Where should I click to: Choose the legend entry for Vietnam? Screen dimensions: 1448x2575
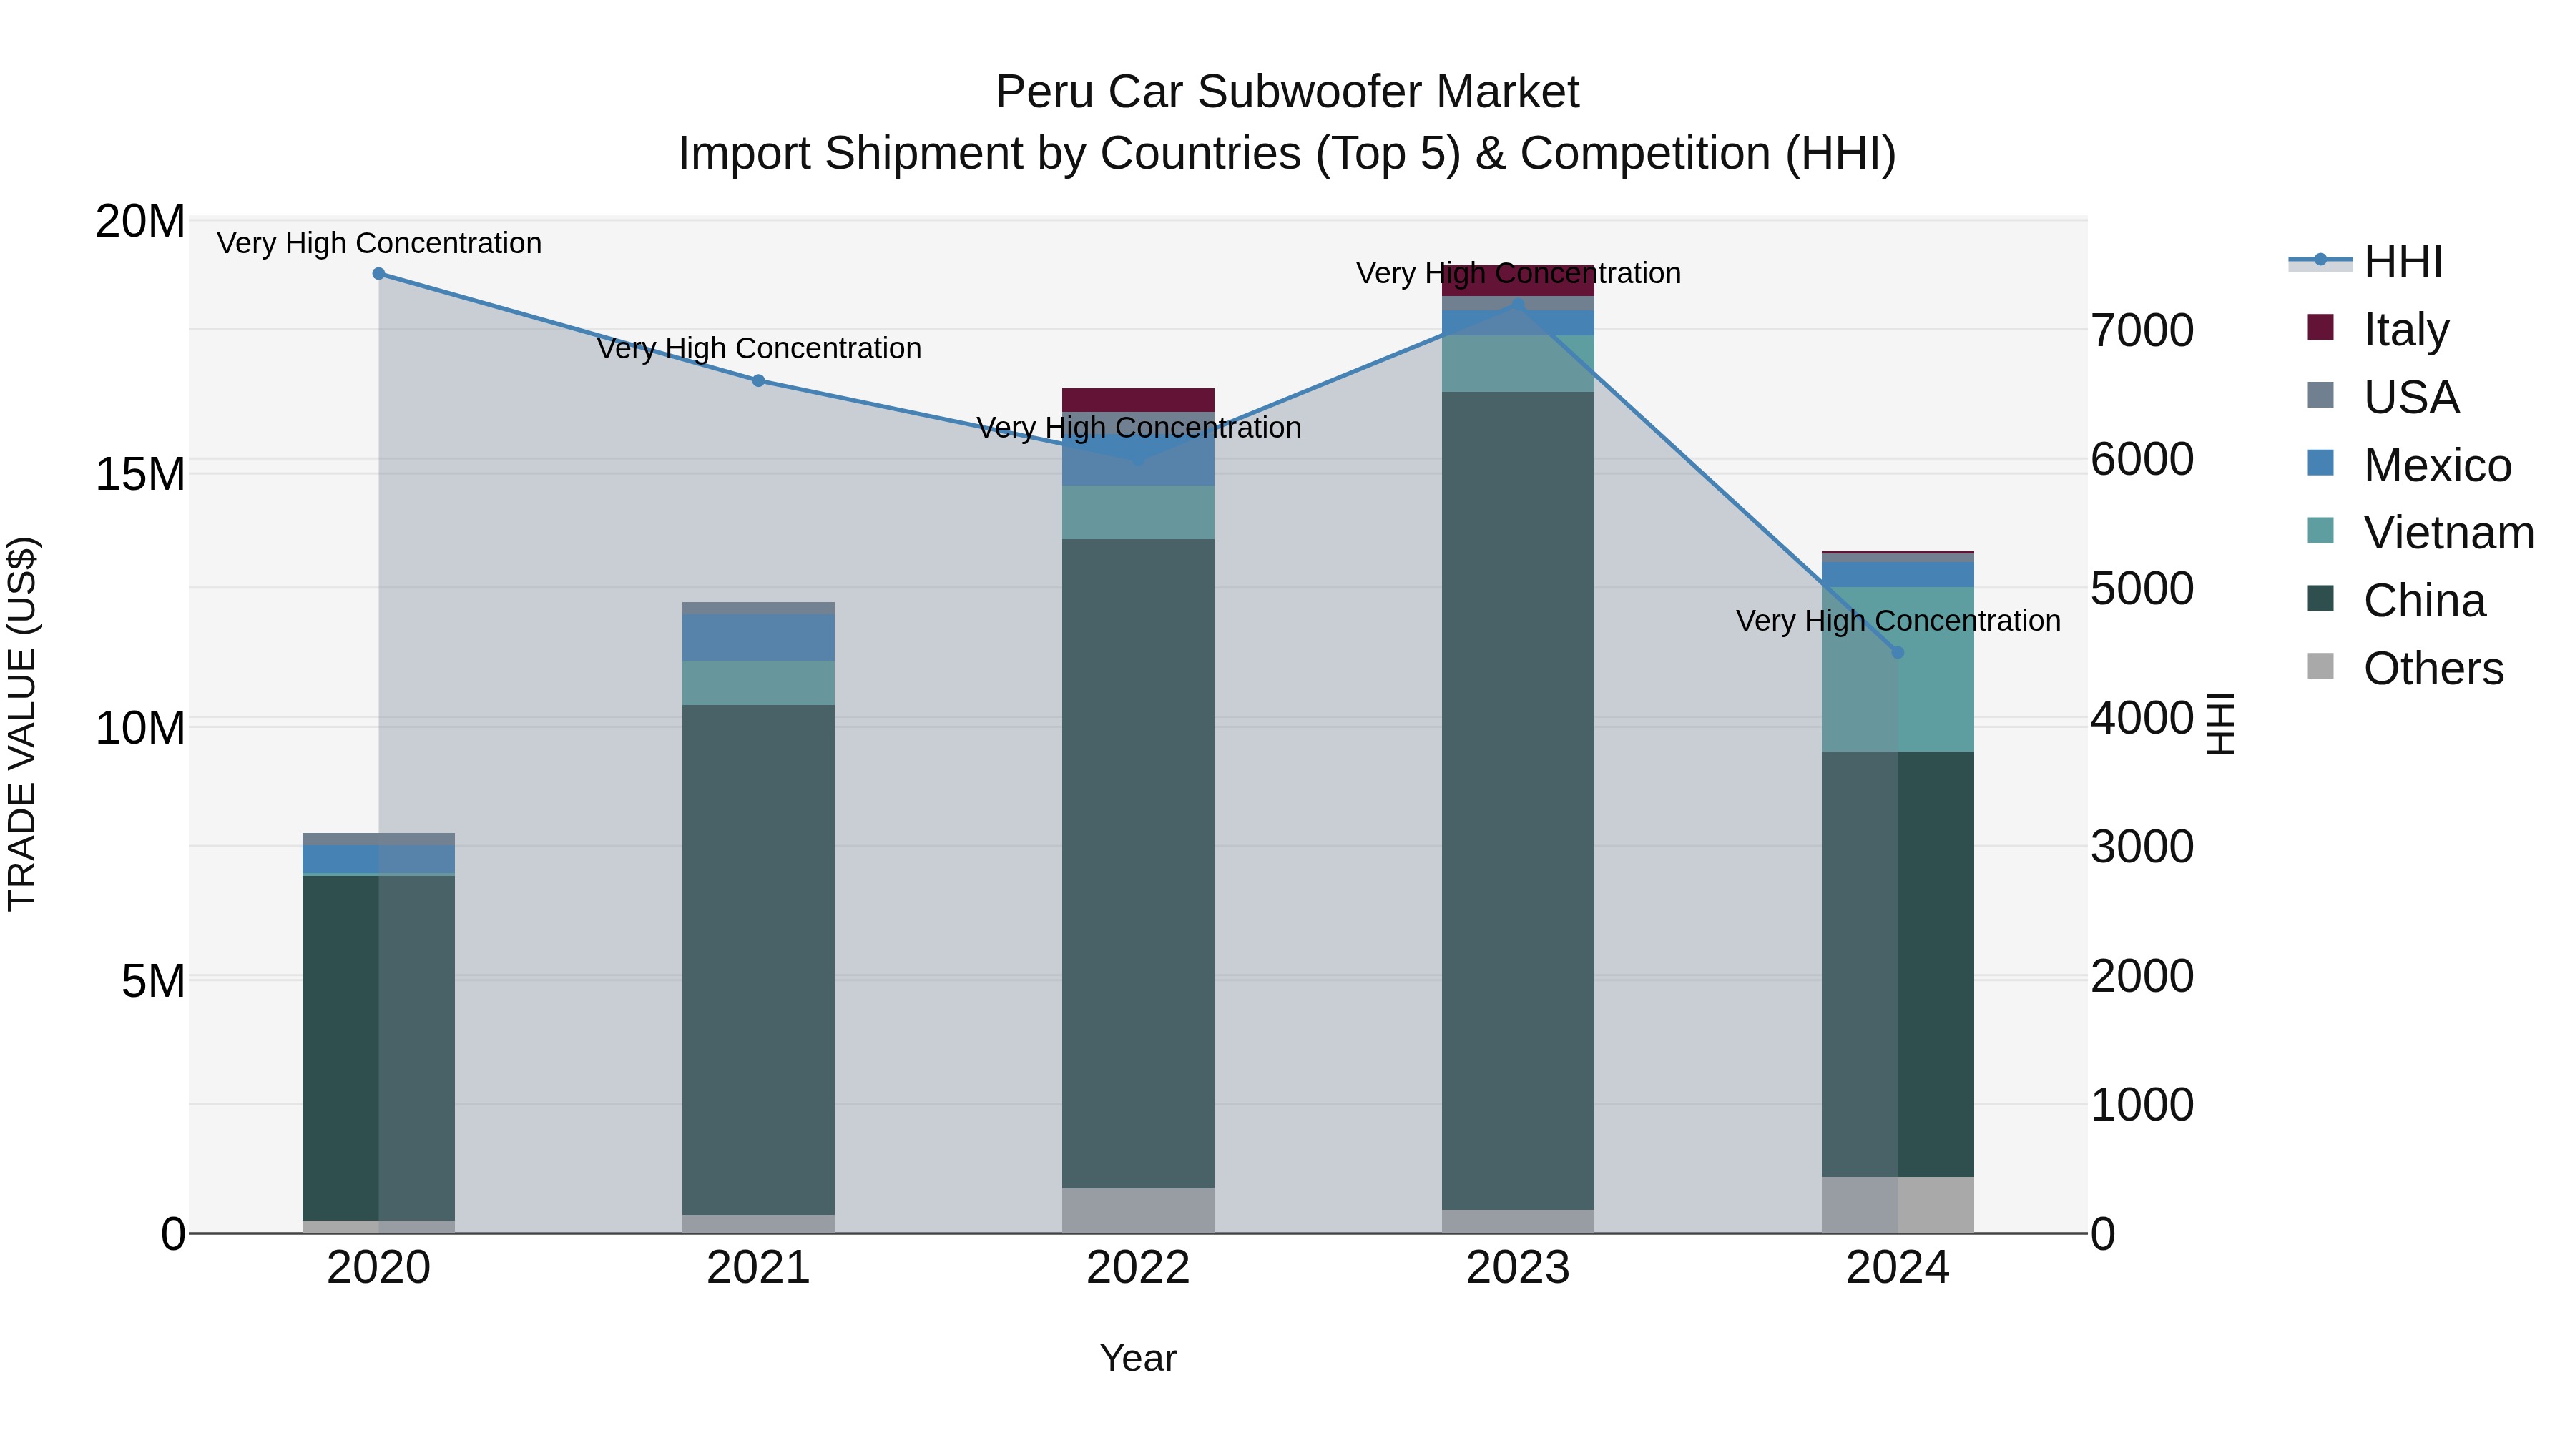click(2447, 533)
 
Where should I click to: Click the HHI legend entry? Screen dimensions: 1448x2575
click(2402, 262)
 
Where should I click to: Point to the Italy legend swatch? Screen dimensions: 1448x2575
click(2320, 327)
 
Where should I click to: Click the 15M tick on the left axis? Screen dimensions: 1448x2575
click(140, 473)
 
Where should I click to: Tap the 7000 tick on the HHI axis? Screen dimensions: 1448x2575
click(2142, 331)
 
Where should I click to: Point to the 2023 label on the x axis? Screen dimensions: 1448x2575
click(1517, 1268)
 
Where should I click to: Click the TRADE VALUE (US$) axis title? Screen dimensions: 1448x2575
click(22, 724)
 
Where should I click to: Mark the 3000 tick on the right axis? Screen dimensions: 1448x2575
click(2142, 847)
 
